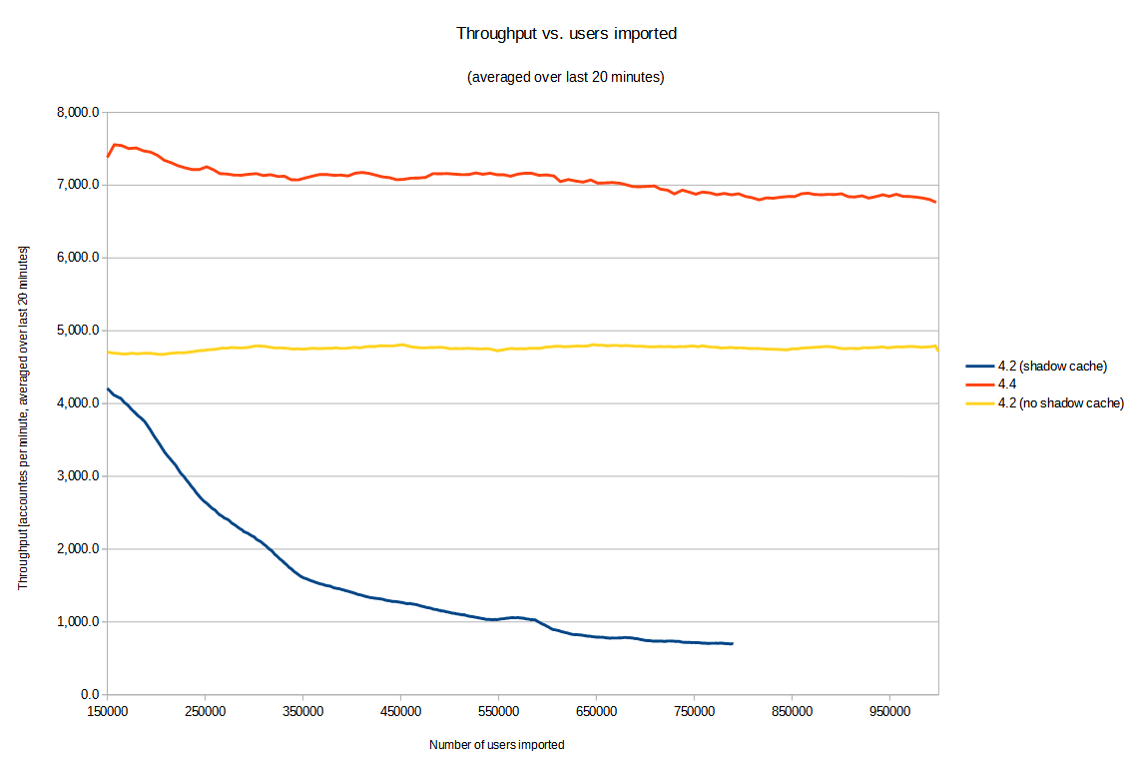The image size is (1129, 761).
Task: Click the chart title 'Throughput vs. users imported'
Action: (x=566, y=33)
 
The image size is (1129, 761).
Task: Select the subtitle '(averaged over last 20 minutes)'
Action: (x=565, y=77)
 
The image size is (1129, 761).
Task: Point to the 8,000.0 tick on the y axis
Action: (x=78, y=112)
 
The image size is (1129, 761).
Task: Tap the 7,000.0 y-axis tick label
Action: (x=78, y=185)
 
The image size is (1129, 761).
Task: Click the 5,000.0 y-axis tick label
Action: (x=78, y=331)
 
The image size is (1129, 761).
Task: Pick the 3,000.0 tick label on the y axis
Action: (x=78, y=476)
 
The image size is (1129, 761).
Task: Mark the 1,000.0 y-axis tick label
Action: (x=78, y=622)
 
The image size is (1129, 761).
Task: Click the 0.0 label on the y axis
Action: (x=89, y=695)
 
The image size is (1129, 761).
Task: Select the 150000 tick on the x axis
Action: (x=107, y=711)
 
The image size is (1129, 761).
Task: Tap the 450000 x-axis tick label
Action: (x=400, y=711)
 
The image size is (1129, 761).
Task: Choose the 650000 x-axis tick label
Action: (x=596, y=711)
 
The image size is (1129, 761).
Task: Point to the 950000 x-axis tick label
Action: (x=889, y=711)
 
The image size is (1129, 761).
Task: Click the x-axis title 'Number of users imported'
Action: (x=496, y=745)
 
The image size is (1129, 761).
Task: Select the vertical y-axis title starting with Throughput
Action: (x=22, y=416)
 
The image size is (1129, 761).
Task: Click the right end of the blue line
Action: (x=733, y=643)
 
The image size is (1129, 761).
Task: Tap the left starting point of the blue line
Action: (x=108, y=388)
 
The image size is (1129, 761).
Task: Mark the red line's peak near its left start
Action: (x=116, y=145)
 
